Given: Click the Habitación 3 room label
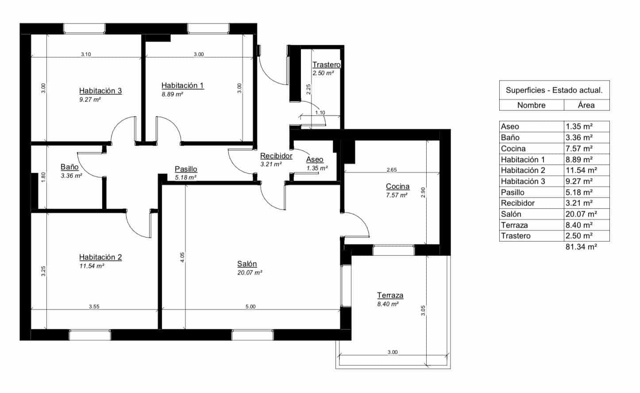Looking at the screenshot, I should (100, 91).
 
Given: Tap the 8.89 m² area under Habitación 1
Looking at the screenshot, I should (172, 94).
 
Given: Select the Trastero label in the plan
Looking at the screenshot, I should (326, 65).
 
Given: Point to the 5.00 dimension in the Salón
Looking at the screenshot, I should (250, 306).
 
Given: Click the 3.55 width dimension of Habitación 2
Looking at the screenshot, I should (94, 306).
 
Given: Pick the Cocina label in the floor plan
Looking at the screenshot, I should (397, 186).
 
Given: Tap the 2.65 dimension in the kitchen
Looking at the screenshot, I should (391, 170).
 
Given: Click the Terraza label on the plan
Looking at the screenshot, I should (390, 295).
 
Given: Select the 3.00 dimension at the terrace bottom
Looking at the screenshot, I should (392, 352).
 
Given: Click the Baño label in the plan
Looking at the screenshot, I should (69, 167).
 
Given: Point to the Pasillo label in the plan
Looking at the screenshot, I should (186, 169).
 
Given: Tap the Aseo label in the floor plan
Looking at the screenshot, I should (315, 159).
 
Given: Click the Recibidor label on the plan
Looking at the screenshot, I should (276, 156).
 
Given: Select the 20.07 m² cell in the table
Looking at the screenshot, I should (581, 214).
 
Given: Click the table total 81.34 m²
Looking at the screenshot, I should (581, 247).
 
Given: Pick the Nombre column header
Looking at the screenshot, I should (531, 105).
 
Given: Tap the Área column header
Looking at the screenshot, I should (586, 105).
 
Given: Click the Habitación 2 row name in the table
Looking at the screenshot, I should (523, 170).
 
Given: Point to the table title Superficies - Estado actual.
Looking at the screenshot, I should (554, 90).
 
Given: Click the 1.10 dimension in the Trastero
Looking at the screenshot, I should (320, 112).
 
